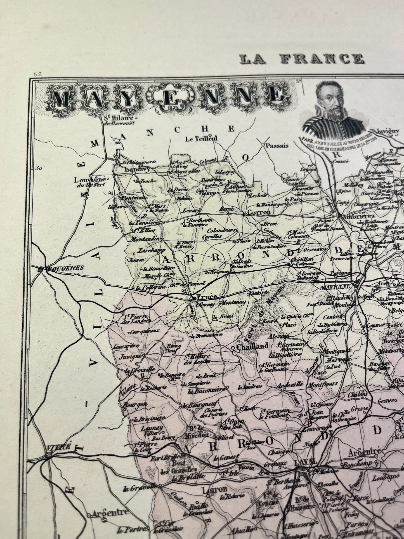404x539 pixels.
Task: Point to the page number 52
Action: (x=37, y=74)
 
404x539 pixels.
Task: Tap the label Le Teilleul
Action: (x=201, y=138)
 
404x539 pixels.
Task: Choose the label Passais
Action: (x=277, y=145)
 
